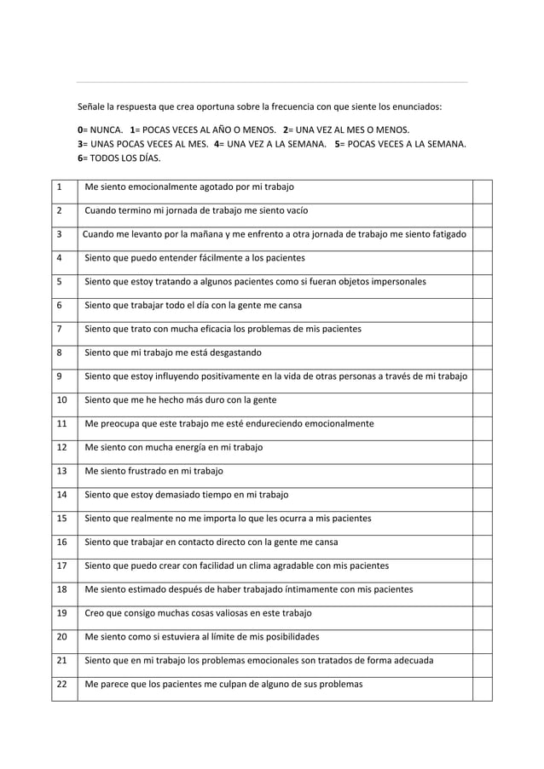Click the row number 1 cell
click(x=59, y=187)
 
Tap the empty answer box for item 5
click(x=483, y=281)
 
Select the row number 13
click(x=61, y=471)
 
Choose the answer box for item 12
click(x=483, y=447)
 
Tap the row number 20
click(x=61, y=636)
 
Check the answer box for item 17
click(x=483, y=565)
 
